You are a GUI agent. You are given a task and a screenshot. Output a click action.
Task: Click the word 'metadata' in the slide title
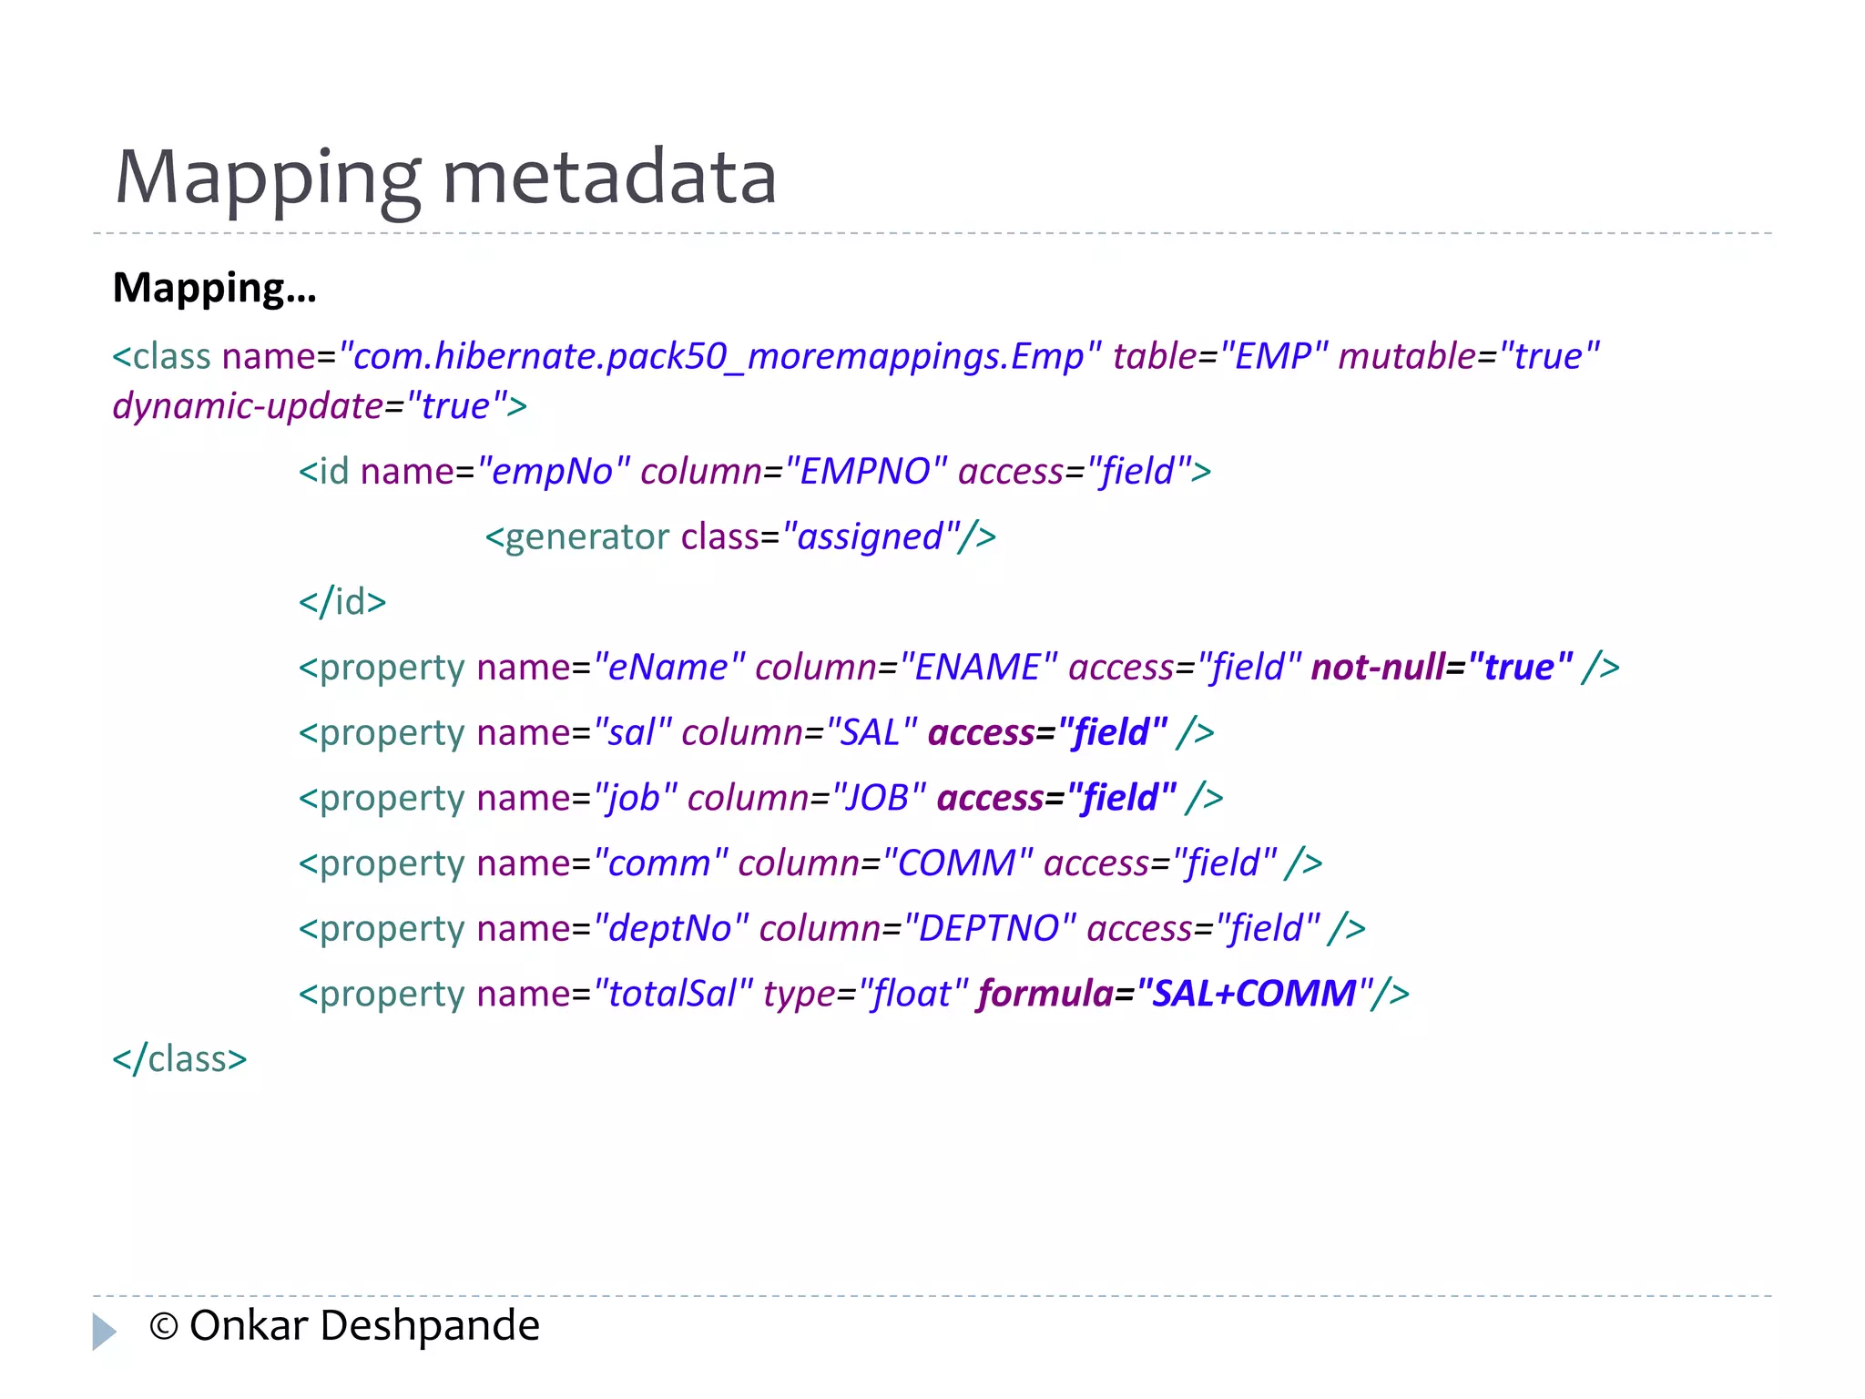coord(609,177)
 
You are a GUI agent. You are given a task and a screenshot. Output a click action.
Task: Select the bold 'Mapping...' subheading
coord(214,288)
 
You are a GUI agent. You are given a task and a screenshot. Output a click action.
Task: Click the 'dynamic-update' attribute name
coord(248,406)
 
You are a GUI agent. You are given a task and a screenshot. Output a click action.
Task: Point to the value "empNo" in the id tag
coord(554,472)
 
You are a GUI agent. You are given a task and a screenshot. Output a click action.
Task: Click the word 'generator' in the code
coord(586,537)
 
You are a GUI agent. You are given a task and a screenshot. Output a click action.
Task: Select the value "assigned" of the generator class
coord(870,537)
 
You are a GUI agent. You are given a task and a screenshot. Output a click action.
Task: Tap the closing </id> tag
coord(342,602)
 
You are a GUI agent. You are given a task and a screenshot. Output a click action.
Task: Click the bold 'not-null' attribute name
coord(1377,668)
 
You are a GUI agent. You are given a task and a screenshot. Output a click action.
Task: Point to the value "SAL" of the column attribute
coord(870,733)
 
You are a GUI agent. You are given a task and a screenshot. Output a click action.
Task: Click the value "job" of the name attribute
coord(635,799)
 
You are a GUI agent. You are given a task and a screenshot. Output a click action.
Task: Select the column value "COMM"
coord(957,863)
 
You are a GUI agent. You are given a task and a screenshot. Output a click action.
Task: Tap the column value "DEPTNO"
coord(989,929)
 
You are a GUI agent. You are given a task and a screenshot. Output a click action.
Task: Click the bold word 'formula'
coord(1045,994)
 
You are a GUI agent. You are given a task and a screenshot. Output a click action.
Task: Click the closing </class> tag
coord(179,1059)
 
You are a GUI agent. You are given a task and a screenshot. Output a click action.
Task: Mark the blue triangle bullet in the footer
coord(104,1331)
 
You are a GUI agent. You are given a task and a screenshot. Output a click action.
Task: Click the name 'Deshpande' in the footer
coord(430,1326)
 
